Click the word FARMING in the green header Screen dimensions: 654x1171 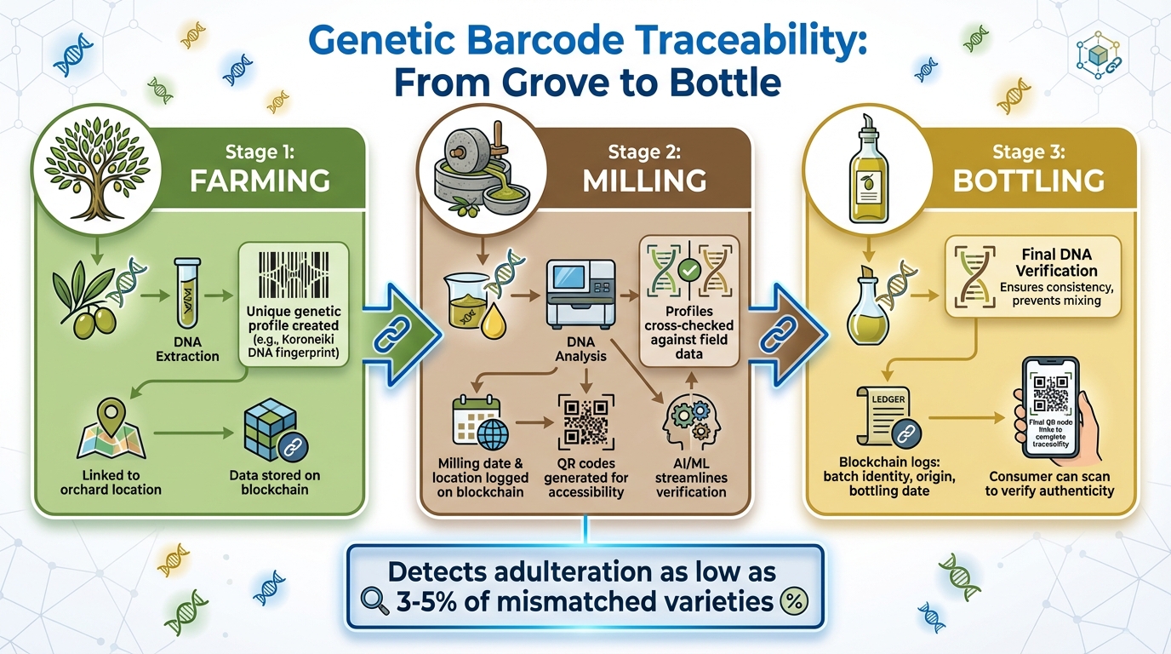coord(261,181)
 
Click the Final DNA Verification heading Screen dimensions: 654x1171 coord(1056,262)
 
